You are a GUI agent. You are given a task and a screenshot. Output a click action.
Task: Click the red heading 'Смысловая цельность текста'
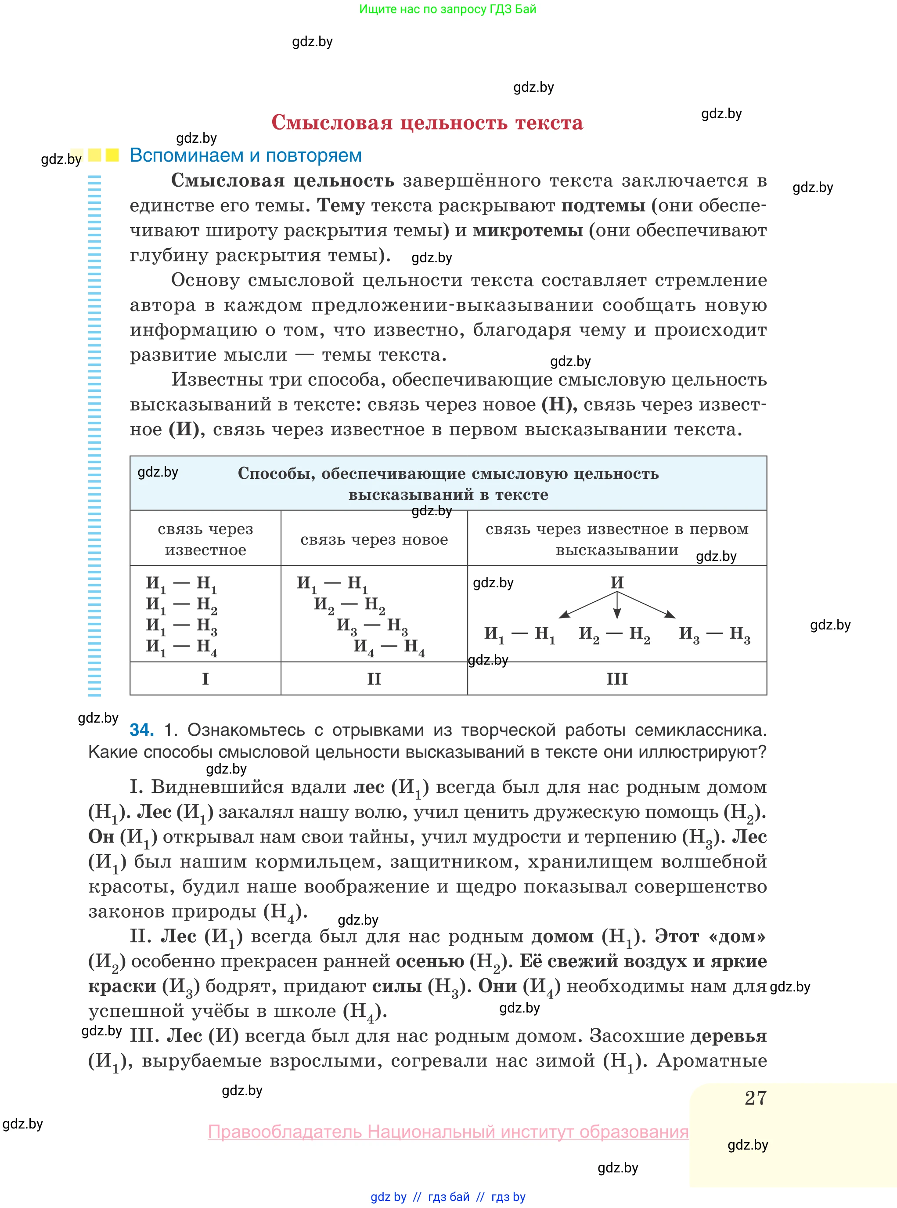click(x=427, y=123)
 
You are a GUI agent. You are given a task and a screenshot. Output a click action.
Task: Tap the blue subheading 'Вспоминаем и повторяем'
click(x=245, y=156)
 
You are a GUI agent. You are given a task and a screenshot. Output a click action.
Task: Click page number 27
click(x=755, y=1098)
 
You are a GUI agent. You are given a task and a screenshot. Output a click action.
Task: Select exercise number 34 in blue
click(x=142, y=730)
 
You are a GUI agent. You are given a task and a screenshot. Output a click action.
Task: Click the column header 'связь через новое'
click(x=374, y=539)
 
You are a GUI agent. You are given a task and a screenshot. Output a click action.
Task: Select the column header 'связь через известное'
click(x=205, y=539)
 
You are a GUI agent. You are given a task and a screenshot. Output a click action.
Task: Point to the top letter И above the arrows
click(x=617, y=582)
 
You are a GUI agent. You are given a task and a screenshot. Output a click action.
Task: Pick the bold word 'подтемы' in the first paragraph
click(x=603, y=205)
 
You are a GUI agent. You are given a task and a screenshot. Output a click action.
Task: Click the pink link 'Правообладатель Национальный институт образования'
click(x=448, y=1132)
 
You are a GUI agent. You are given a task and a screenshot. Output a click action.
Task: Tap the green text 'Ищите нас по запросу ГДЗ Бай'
click(x=447, y=9)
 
